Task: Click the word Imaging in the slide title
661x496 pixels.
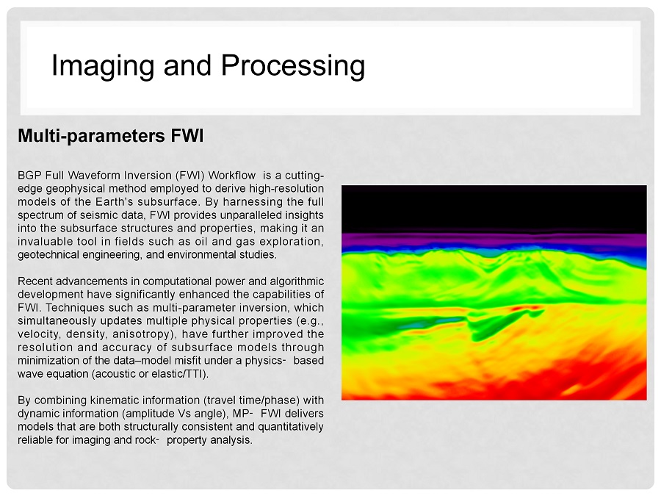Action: (x=102, y=67)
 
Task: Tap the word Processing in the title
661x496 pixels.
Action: (x=293, y=67)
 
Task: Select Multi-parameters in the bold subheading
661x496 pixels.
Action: (x=92, y=136)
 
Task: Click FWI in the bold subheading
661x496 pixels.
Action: (x=187, y=136)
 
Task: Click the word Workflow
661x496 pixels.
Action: (x=232, y=175)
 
